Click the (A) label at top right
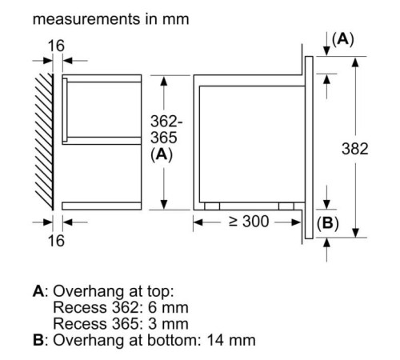pyautogui.click(x=342, y=38)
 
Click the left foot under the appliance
pyautogui.click(x=211, y=205)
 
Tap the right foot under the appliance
pyautogui.click(x=286, y=205)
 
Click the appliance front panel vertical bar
pyautogui.click(x=307, y=144)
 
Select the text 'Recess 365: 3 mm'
pyautogui.click(x=120, y=323)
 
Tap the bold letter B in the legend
pyautogui.click(x=38, y=340)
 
